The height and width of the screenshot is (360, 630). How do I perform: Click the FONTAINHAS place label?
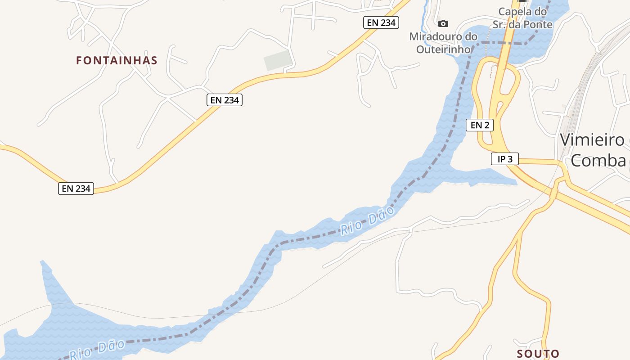[117, 60]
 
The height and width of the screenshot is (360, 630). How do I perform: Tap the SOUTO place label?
[538, 354]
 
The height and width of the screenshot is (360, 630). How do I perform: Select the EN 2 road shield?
[480, 125]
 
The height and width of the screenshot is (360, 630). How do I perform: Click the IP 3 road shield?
[504, 159]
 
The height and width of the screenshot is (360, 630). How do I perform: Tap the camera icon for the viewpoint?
[443, 23]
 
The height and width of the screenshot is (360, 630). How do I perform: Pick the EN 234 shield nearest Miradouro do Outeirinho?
[381, 22]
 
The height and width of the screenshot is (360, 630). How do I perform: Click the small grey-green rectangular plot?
[278, 60]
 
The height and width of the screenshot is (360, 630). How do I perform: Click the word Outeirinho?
[443, 49]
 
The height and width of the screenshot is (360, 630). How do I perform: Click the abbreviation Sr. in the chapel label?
[506, 25]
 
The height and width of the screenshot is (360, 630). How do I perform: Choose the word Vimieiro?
[589, 140]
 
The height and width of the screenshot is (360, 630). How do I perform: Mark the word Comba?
[598, 161]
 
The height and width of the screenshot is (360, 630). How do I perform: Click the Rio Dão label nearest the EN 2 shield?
[367, 220]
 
